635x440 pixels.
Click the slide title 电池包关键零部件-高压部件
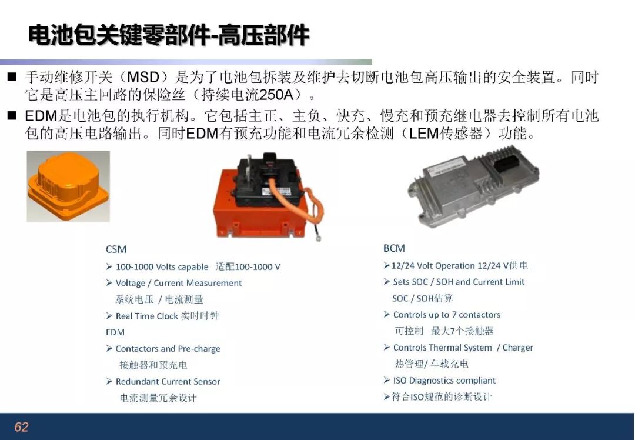point(169,35)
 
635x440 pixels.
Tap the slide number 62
point(21,426)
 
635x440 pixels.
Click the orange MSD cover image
point(68,186)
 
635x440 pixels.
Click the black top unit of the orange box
point(268,178)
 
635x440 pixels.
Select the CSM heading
point(116,249)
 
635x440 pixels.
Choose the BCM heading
point(394,248)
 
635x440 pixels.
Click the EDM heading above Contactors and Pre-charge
point(115,332)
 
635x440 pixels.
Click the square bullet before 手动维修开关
point(12,76)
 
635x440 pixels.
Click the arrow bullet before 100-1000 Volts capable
point(109,266)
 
